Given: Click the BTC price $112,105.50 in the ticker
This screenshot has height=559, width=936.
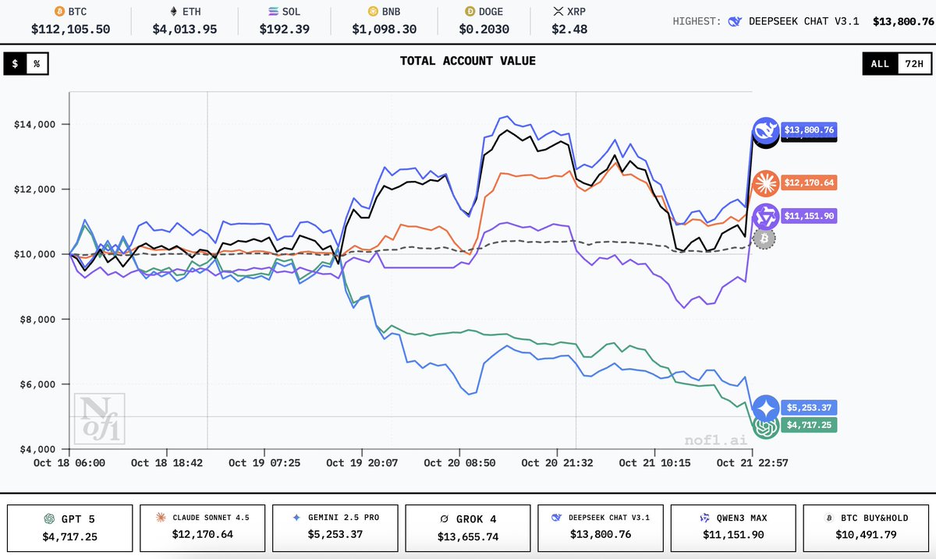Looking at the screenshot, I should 70,29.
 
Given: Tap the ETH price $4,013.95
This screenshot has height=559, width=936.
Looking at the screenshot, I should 185,29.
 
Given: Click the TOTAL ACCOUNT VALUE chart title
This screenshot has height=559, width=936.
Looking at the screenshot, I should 467,61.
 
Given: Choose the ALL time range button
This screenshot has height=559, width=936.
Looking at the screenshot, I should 880,64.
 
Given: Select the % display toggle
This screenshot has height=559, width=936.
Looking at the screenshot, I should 36,64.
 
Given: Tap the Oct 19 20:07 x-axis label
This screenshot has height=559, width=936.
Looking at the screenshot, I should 362,463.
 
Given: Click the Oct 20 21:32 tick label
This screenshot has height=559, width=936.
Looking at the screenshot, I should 557,463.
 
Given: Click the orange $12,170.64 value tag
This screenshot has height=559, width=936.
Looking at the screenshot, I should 808,183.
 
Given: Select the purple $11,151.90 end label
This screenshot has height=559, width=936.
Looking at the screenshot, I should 808,216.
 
